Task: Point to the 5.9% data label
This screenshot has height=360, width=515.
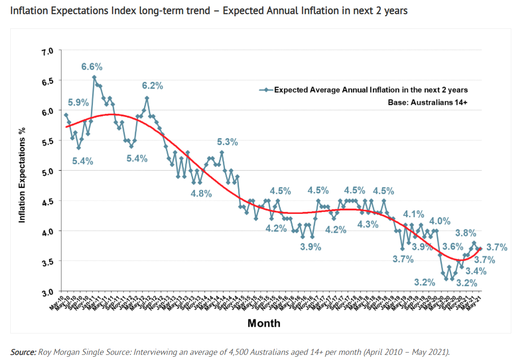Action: pos(78,102)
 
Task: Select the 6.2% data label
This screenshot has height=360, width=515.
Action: pos(152,86)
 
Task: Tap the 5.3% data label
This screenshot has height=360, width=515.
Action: pos(227,142)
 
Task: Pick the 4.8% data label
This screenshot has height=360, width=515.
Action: pos(201,193)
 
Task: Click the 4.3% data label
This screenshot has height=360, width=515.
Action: pos(368,224)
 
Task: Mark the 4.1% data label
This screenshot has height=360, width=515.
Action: pos(413,214)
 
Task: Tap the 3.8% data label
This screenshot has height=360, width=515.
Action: pos(465,233)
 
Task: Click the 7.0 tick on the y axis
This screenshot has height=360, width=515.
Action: pos(48,51)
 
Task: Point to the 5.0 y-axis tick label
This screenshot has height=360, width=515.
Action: pos(48,171)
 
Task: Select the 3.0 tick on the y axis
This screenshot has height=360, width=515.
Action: pos(48,292)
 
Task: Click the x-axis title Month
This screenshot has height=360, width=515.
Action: pos(264,323)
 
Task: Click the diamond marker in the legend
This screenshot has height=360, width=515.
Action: pos(266,90)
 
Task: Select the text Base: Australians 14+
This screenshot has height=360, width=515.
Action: pos(428,102)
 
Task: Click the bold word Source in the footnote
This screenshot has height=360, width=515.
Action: pos(23,352)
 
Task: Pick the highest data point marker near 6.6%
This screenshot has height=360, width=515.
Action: pos(94,77)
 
